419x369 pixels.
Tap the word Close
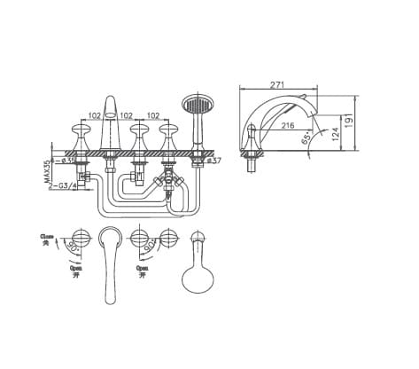(x=47, y=237)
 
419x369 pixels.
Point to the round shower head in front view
(x=194, y=105)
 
